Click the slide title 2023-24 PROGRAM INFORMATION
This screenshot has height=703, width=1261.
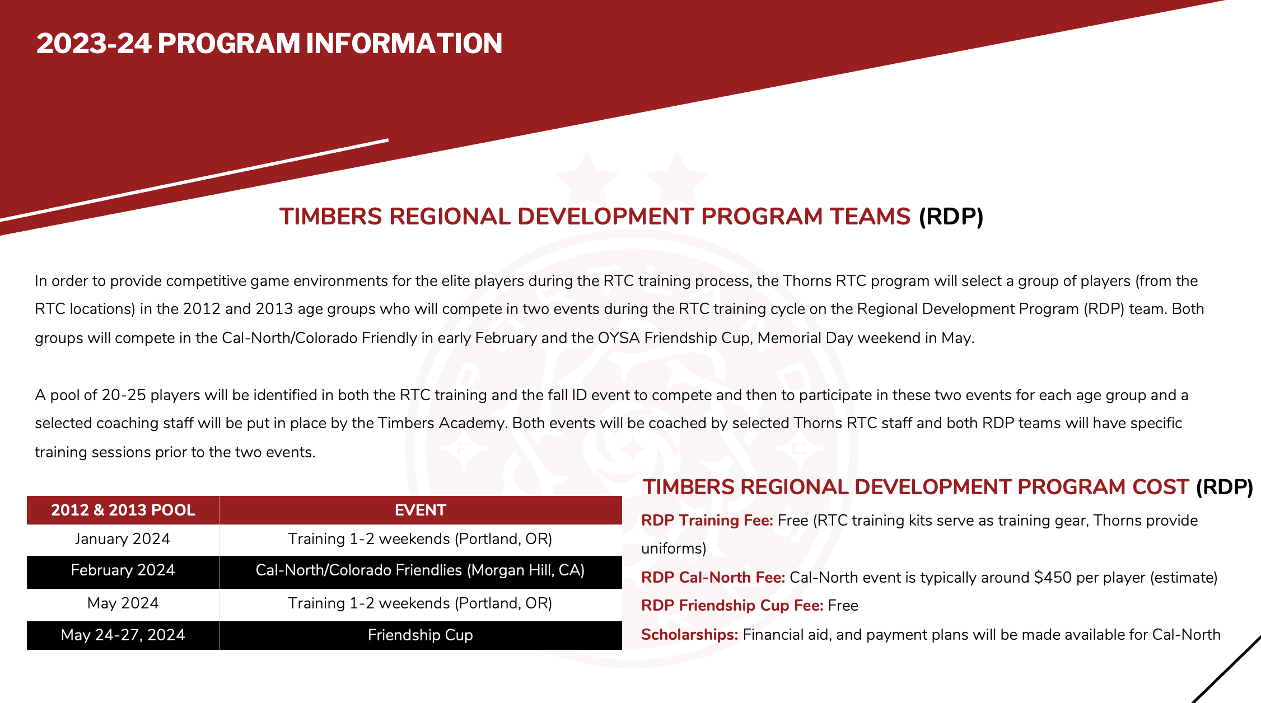point(269,44)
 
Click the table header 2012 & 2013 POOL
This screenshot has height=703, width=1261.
point(123,510)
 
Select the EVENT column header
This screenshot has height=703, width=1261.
point(420,510)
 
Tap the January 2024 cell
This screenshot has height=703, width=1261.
point(123,539)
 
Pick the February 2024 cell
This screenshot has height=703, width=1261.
point(123,570)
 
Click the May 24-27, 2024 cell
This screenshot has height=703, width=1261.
point(123,635)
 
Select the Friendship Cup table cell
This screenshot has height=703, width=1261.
point(420,635)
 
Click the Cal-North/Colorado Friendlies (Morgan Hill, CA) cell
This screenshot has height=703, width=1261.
point(420,570)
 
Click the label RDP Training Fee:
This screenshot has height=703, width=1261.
point(707,521)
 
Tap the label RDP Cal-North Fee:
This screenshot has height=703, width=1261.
point(713,578)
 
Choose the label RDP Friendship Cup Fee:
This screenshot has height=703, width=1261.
point(732,606)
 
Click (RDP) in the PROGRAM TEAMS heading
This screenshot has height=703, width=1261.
point(951,217)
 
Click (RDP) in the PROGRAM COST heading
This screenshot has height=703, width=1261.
point(1224,487)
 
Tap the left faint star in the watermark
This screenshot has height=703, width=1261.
point(586,171)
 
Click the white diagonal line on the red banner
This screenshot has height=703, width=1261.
point(196,179)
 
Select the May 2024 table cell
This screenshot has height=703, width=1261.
point(123,603)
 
